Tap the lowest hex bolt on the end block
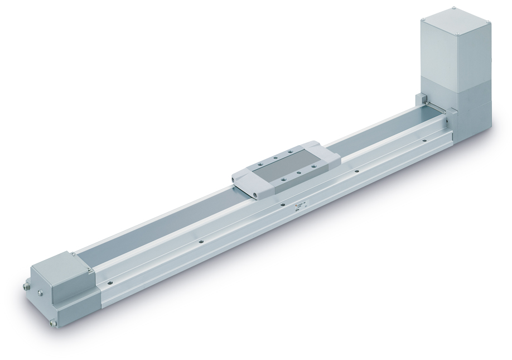pos(53,322)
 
